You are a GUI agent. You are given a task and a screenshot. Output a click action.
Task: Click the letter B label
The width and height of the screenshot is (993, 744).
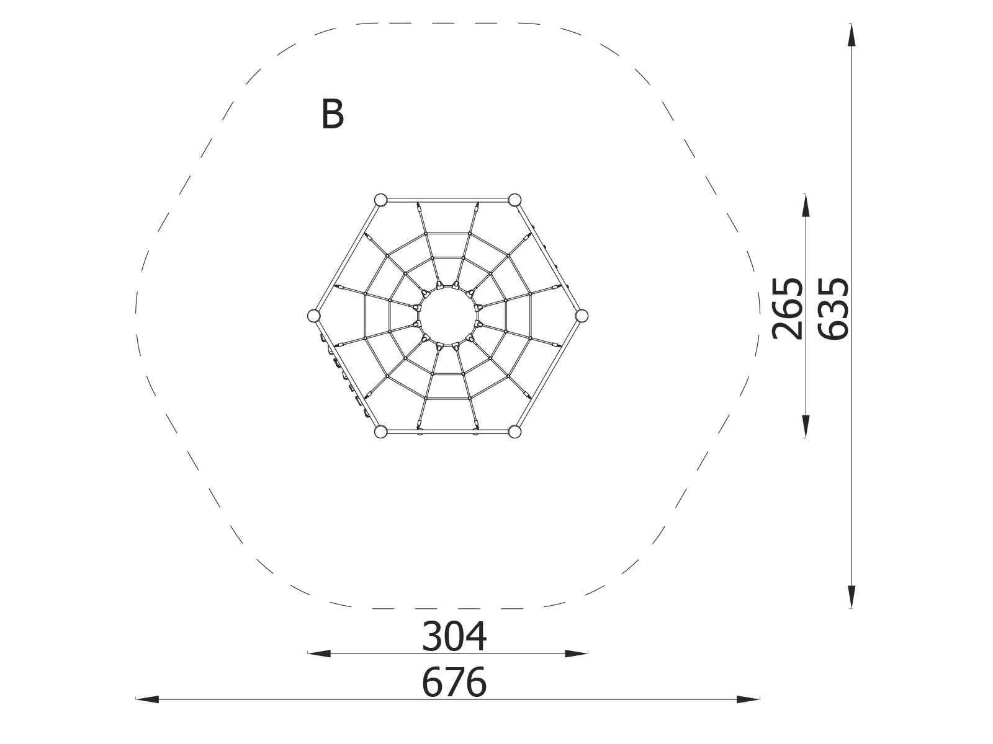(333, 114)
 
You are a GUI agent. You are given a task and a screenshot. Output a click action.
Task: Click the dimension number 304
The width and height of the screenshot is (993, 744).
(454, 637)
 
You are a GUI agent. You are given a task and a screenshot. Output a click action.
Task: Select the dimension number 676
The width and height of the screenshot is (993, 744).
(454, 682)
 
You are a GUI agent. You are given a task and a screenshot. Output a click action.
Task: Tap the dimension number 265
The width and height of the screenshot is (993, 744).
(787, 308)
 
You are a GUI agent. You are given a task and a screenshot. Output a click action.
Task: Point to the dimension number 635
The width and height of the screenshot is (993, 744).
(833, 308)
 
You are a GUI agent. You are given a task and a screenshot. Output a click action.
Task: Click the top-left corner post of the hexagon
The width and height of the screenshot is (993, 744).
(381, 200)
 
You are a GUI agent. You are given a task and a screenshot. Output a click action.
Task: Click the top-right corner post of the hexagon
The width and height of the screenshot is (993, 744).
(515, 200)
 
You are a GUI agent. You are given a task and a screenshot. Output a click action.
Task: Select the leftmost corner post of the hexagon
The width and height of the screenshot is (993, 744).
(313, 316)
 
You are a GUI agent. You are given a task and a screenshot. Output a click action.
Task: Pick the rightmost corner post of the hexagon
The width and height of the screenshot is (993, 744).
(582, 316)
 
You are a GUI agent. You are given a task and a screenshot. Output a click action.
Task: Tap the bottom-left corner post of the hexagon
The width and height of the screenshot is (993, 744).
(381, 432)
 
